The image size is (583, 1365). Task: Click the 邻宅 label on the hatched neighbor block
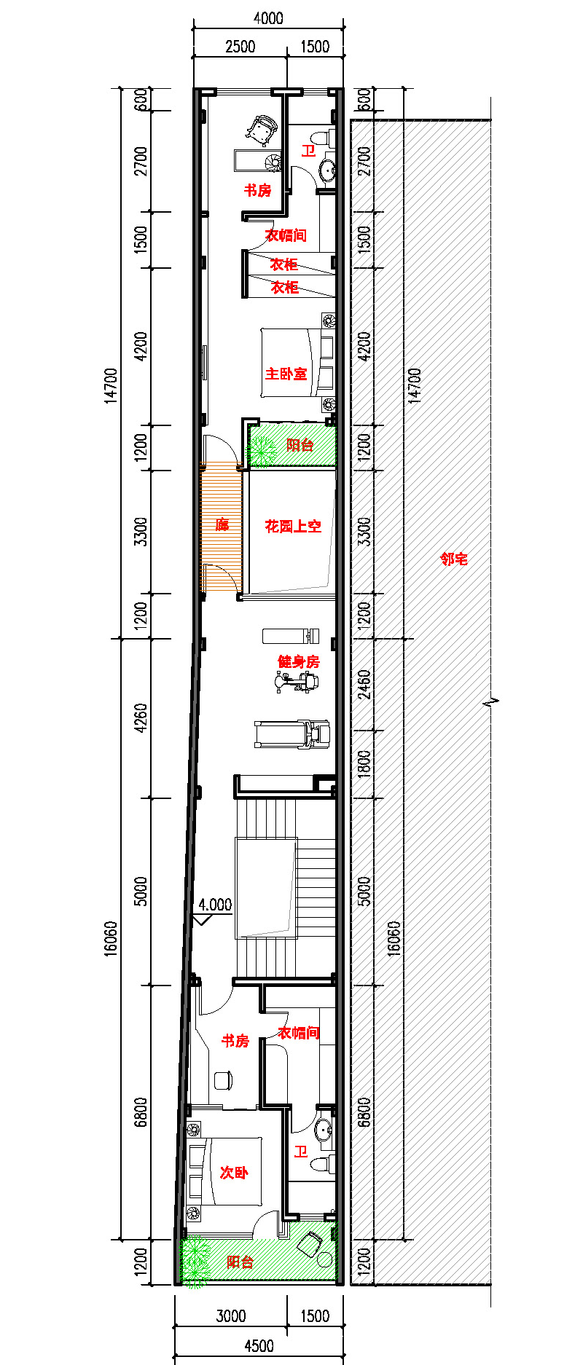pyautogui.click(x=453, y=559)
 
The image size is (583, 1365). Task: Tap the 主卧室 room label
pyautogui.click(x=286, y=374)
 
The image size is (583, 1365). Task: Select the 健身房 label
pyautogui.click(x=298, y=661)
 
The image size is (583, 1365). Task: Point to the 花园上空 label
pyautogui.click(x=292, y=526)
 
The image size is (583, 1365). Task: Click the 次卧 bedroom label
pyautogui.click(x=234, y=1172)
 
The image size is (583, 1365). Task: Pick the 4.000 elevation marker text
pyautogui.click(x=215, y=905)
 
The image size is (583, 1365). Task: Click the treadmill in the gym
pyautogui.click(x=292, y=734)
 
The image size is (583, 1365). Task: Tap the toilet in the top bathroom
pyautogui.click(x=322, y=138)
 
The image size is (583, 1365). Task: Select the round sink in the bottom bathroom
pyautogui.click(x=324, y=1130)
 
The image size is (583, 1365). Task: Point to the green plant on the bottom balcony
pyautogui.click(x=195, y=1262)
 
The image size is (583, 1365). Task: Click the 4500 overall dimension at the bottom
pyautogui.click(x=259, y=1345)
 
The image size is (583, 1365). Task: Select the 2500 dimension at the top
pyautogui.click(x=240, y=47)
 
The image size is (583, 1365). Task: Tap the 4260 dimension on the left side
pyautogui.click(x=141, y=718)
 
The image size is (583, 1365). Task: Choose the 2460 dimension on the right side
pyautogui.click(x=364, y=685)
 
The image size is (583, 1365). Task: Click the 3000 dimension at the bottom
pyautogui.click(x=230, y=1315)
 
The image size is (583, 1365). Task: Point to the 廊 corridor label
pyautogui.click(x=222, y=524)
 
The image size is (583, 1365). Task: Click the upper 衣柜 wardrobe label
pyautogui.click(x=284, y=264)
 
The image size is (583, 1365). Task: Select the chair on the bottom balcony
pyautogui.click(x=311, y=1244)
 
